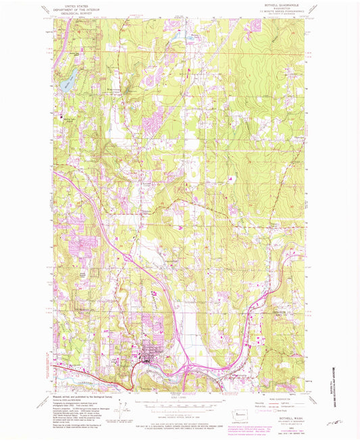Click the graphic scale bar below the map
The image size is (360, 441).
pyautogui.click(x=179, y=406)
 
